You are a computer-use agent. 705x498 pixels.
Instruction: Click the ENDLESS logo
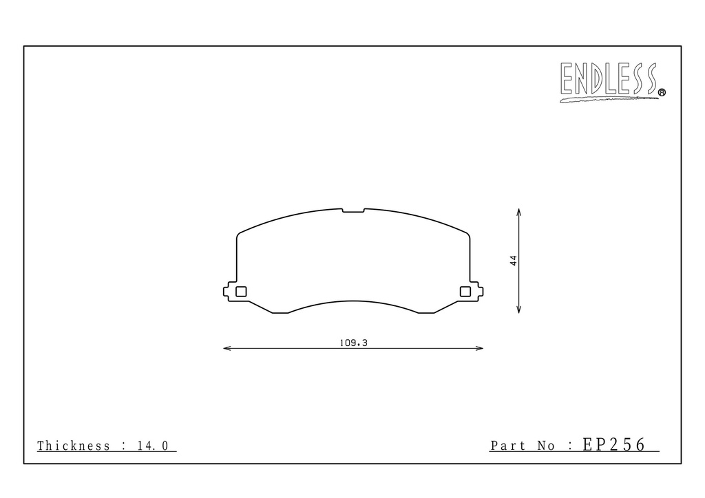pos(612,82)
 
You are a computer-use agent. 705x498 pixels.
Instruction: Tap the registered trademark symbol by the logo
pos(662,92)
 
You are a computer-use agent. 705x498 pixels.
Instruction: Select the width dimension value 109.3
pos(353,343)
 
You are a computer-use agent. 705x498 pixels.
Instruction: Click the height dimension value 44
pos(514,261)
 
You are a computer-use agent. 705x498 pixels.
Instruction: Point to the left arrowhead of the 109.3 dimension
pos(227,348)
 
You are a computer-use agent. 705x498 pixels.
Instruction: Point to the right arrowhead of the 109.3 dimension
pos(480,348)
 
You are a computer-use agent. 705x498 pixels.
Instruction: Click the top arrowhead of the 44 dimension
pos(519,212)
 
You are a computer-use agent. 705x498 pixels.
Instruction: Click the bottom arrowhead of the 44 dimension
pos(519,310)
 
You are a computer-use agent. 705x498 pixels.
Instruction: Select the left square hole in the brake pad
pos(242,292)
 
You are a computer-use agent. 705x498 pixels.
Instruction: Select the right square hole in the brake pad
pos(465,292)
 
